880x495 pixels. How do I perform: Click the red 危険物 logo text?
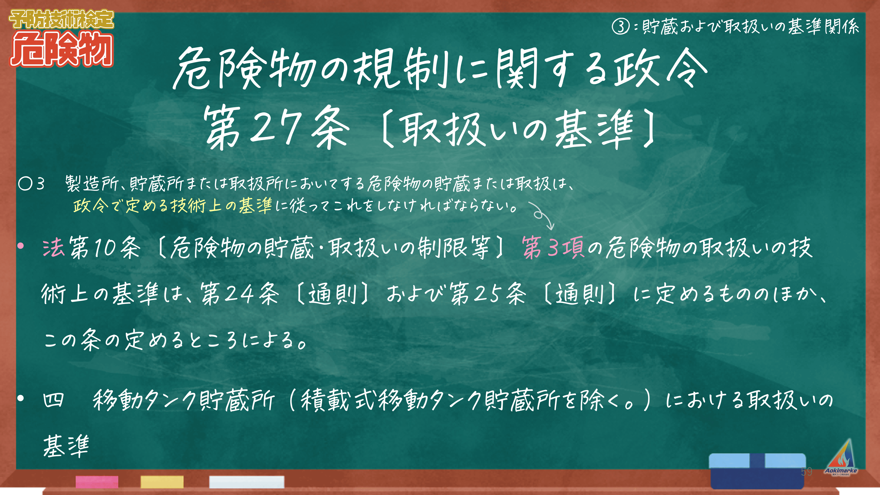coord(61,50)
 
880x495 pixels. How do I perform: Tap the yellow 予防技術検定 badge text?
coord(61,19)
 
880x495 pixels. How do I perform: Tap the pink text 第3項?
coord(553,247)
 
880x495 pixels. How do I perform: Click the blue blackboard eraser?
coord(757,471)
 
